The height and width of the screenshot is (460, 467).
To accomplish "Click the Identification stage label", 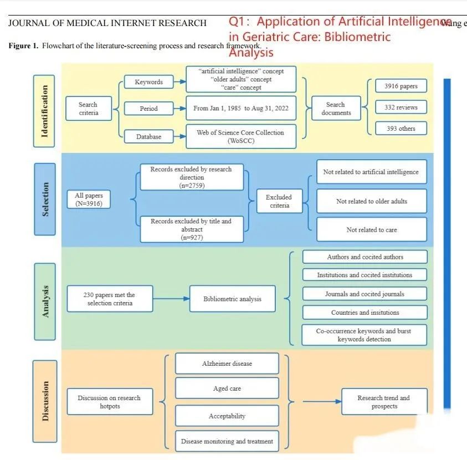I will (x=45, y=110).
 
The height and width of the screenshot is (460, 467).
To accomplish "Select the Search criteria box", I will (x=88, y=108).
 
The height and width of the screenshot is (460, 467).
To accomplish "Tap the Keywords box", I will (x=148, y=82).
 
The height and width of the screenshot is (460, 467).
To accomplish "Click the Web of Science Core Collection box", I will (x=240, y=136).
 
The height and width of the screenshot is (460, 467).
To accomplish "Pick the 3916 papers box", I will (x=401, y=86).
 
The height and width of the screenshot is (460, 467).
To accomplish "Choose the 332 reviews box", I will (x=401, y=107).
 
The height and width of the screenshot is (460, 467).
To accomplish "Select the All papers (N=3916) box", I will (x=89, y=200).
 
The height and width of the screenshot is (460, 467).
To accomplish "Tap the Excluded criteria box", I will (x=279, y=201).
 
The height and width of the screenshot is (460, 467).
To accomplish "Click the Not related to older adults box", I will (x=371, y=201).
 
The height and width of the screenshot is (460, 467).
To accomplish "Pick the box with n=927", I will (x=191, y=229).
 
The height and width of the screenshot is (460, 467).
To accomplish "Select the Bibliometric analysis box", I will (x=232, y=299).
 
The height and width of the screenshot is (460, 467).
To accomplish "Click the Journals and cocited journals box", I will (x=364, y=294).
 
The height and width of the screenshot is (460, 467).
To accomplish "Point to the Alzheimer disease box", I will (x=227, y=364).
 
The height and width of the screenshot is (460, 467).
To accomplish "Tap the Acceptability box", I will (x=227, y=416).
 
